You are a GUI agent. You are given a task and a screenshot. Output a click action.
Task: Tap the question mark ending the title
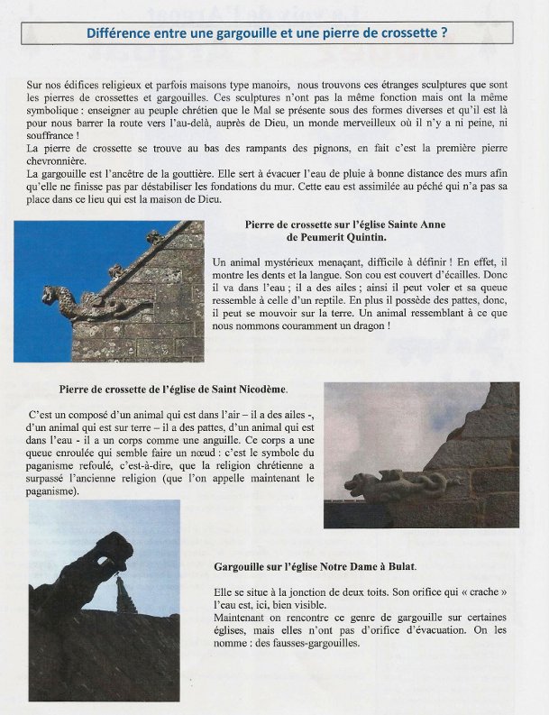coord(444,33)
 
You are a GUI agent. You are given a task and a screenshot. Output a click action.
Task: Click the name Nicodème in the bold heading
coord(259,390)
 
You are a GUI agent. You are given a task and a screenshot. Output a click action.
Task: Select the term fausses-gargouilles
coord(317,643)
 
